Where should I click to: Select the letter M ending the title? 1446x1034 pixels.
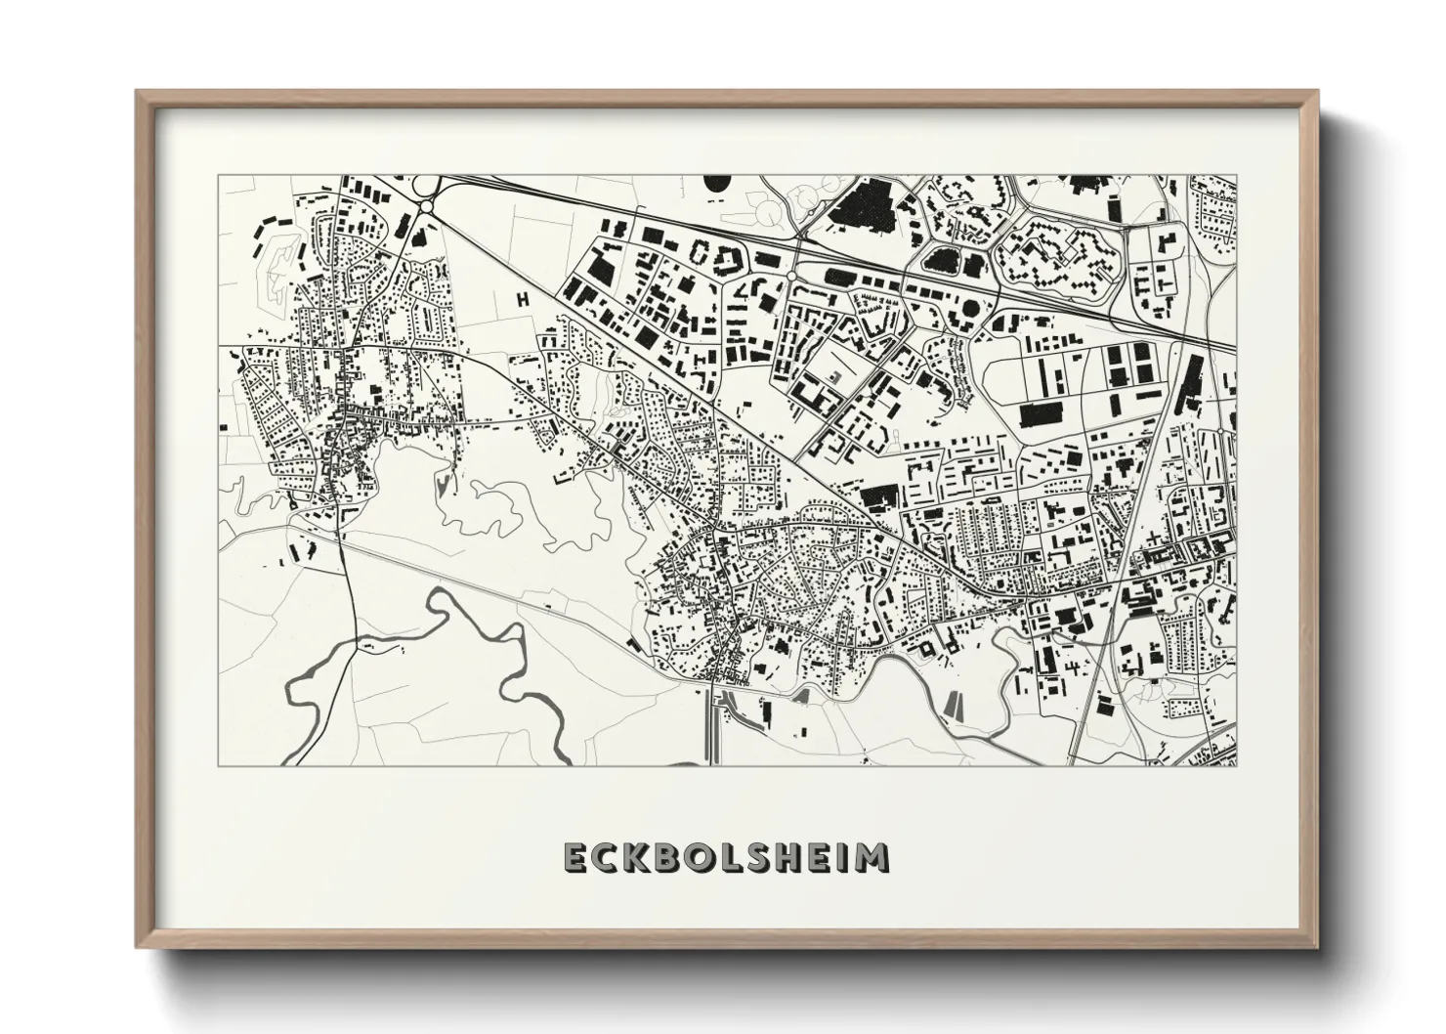point(871,857)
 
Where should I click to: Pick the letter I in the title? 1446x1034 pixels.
point(838,857)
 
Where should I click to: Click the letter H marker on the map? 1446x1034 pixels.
point(523,299)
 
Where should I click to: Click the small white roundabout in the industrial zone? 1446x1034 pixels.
point(789,279)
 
